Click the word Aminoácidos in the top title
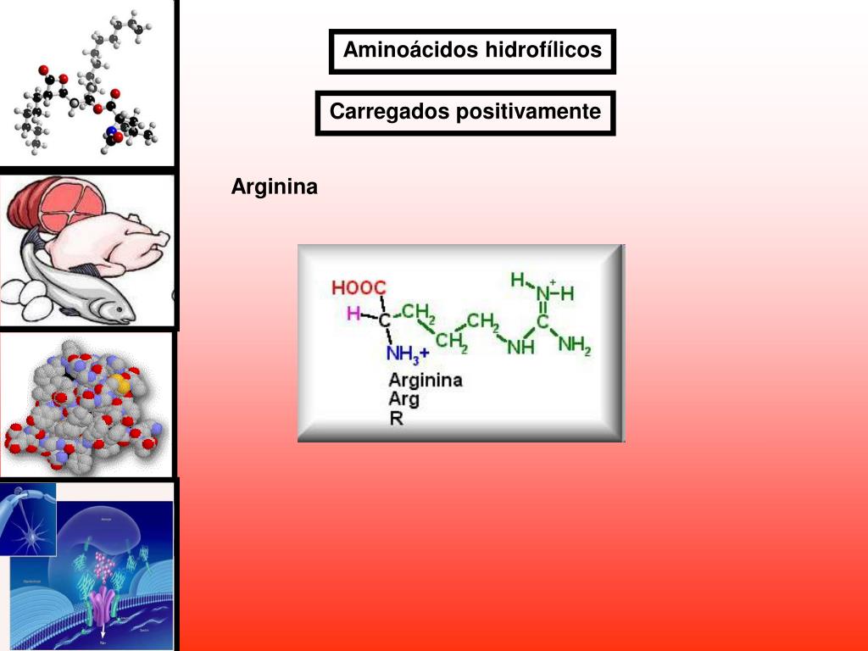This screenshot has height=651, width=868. click(x=410, y=50)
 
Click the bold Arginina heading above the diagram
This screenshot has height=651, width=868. click(x=275, y=186)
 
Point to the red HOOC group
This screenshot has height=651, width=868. click(x=359, y=287)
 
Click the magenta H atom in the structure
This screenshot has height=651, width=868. click(x=353, y=314)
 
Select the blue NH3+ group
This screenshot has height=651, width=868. click(x=408, y=353)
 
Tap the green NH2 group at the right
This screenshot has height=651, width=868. click(x=575, y=345)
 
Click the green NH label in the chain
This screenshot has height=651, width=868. click(x=520, y=346)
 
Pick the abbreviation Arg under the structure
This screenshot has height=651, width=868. click(x=403, y=398)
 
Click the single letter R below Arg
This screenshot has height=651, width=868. click(x=396, y=418)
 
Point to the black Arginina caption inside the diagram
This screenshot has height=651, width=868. click(x=426, y=380)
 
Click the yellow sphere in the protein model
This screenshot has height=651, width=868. click(x=123, y=385)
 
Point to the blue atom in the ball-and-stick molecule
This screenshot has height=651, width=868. click(x=111, y=131)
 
